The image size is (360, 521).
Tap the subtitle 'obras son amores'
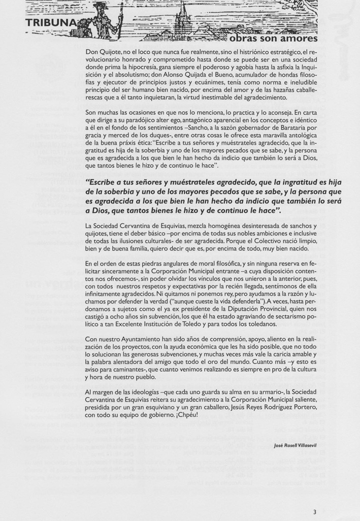click(x=273, y=39)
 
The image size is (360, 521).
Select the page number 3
click(x=315, y=511)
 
